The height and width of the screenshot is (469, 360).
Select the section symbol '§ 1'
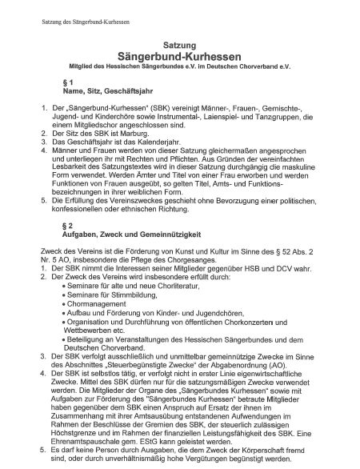[66, 82]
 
